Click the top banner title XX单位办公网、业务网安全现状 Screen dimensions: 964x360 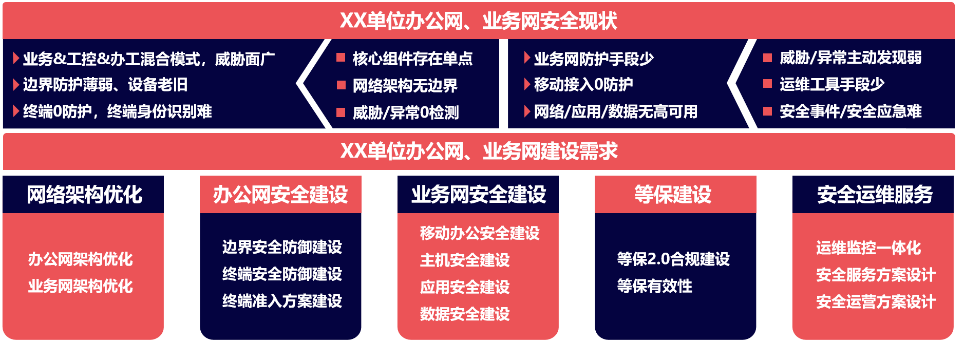478,21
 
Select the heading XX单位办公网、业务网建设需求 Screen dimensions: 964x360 479,151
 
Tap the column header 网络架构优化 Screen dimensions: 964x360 84,195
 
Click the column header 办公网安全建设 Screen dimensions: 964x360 280,195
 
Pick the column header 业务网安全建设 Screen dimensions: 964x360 478,195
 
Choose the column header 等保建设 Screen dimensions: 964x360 673,195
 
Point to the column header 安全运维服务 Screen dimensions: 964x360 875,195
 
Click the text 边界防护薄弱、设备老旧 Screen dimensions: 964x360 105,84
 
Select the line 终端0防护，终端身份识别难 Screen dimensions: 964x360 117,111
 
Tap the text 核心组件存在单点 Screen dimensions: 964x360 412,59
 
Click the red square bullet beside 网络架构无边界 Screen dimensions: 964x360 341,85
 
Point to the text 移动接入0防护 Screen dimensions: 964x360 583,84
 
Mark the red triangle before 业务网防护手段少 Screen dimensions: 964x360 527,58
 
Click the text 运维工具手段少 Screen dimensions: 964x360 832,84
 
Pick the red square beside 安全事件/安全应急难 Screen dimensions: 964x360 768,111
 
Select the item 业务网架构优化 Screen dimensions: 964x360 80,286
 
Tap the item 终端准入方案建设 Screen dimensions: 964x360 282,301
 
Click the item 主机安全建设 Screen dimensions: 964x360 465,260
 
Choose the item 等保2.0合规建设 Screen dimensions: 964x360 673,259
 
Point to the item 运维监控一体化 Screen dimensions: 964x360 868,248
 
